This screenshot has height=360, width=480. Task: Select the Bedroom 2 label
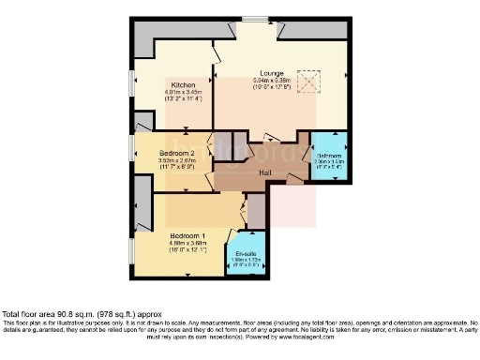coord(176,152)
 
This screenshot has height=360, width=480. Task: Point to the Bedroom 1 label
coord(188,236)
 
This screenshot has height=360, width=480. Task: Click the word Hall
coord(265,172)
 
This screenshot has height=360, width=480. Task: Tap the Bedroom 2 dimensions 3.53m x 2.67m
coord(177,161)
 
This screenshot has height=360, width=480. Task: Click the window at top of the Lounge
coord(253,20)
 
